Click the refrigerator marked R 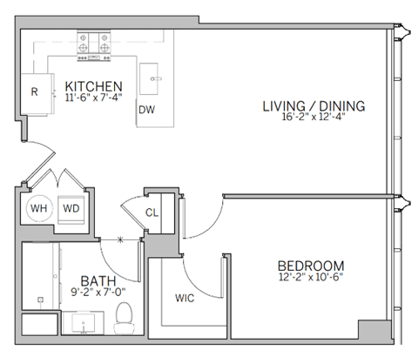[35, 91]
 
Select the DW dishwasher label [146, 110]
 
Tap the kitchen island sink [155, 78]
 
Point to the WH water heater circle [38, 208]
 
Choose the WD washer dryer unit [70, 209]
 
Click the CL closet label [151, 211]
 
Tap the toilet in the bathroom [125, 313]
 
